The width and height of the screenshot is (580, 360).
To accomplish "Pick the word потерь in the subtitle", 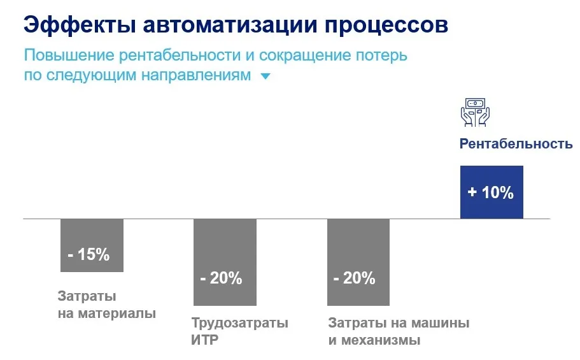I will coord(383,55).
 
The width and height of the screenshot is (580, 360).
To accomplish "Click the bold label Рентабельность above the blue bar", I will coord(516,144).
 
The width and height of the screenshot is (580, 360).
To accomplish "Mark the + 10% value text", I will coord(490,192).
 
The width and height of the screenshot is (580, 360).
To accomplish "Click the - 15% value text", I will coord(88,255).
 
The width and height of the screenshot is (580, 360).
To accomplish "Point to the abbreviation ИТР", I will coord(204,340).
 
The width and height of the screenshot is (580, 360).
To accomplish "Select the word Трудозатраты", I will coord(239,323).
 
